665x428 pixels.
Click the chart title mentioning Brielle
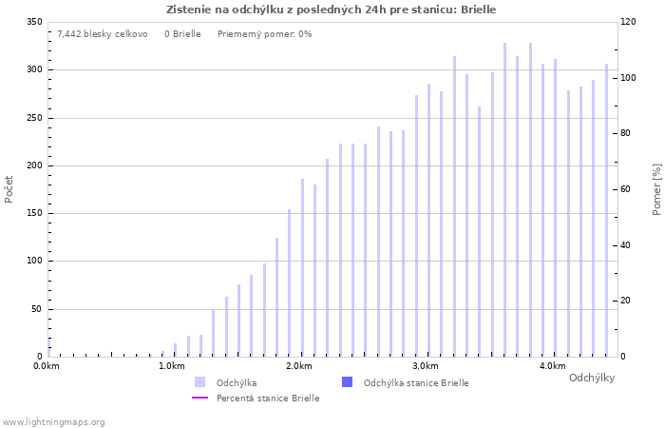[331, 10]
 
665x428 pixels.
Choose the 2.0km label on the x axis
[299, 366]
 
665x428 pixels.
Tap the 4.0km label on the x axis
[552, 366]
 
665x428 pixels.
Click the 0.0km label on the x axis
[47, 366]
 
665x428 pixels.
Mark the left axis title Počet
[9, 188]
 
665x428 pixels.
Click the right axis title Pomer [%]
[656, 188]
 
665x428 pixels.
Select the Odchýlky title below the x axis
[591, 378]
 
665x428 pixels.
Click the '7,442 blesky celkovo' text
[102, 34]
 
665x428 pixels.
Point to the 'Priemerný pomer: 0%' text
[264, 34]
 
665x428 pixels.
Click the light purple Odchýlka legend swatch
[199, 382]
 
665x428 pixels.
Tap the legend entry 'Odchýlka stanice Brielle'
[416, 382]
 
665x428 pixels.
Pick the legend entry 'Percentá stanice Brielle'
[267, 399]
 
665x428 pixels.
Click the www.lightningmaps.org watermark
[53, 422]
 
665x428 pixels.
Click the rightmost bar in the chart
[606, 210]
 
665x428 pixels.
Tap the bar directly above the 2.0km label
[302, 268]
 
